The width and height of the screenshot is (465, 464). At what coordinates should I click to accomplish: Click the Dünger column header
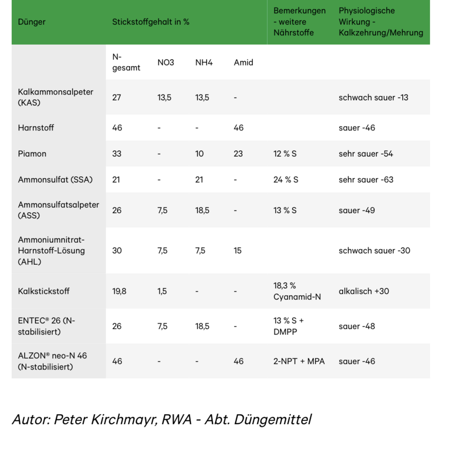point(32,22)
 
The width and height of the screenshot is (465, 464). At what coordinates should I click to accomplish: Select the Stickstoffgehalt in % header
point(151,22)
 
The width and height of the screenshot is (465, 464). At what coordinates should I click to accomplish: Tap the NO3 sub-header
point(165,62)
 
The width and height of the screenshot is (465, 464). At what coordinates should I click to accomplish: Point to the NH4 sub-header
point(204,62)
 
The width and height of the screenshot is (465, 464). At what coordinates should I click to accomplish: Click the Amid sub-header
point(243,62)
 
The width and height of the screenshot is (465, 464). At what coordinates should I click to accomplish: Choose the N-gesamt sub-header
point(126,62)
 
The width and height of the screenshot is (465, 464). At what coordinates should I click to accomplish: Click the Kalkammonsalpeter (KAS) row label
point(55,97)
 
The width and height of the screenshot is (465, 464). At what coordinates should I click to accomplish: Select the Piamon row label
point(32,154)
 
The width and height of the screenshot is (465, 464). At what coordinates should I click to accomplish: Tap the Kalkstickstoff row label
point(43,291)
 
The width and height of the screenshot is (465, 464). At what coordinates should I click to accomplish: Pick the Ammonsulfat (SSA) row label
point(55,179)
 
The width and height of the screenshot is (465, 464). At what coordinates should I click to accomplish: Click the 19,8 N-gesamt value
point(119,291)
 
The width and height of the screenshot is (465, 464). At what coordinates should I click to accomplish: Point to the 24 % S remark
point(285,179)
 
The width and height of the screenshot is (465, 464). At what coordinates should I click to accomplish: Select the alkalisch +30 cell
point(364,291)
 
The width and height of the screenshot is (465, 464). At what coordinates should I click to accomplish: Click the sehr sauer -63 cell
point(366,179)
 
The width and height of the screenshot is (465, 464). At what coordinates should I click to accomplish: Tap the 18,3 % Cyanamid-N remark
point(297,291)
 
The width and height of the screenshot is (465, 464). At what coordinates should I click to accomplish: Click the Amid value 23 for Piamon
point(238,154)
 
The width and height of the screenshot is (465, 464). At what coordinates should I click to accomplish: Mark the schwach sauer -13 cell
point(373,97)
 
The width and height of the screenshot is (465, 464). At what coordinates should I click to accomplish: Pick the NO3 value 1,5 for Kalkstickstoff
point(162,291)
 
